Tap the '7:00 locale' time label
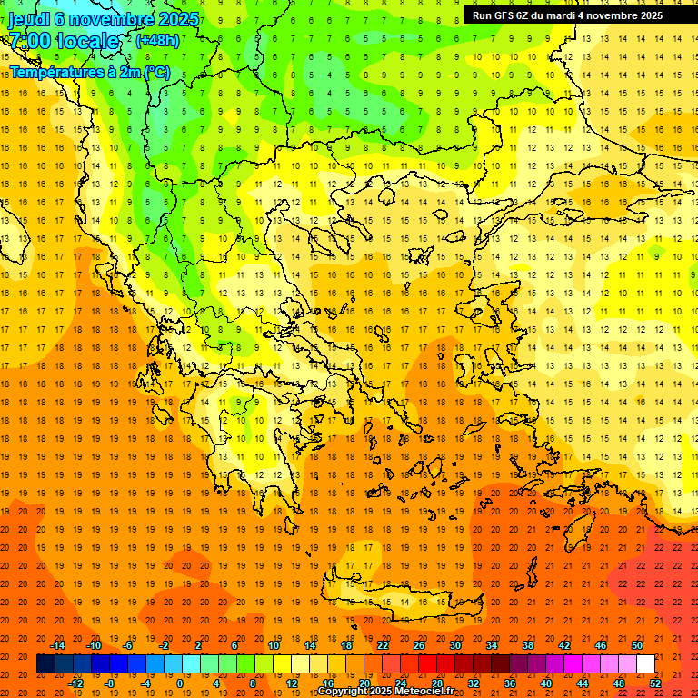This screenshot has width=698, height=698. click(x=64, y=41)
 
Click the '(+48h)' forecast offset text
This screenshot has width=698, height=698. click(x=157, y=40)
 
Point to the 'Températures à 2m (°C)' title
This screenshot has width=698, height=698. click(x=89, y=72)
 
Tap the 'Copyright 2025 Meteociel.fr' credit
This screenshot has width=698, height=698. click(x=385, y=691)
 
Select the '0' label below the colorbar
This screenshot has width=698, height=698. click(x=179, y=683)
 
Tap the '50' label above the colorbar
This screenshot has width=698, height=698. click(x=637, y=645)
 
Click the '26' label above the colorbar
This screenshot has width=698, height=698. click(x=419, y=645)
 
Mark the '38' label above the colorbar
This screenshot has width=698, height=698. click(x=528, y=645)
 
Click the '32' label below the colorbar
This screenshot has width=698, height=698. click(x=474, y=683)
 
